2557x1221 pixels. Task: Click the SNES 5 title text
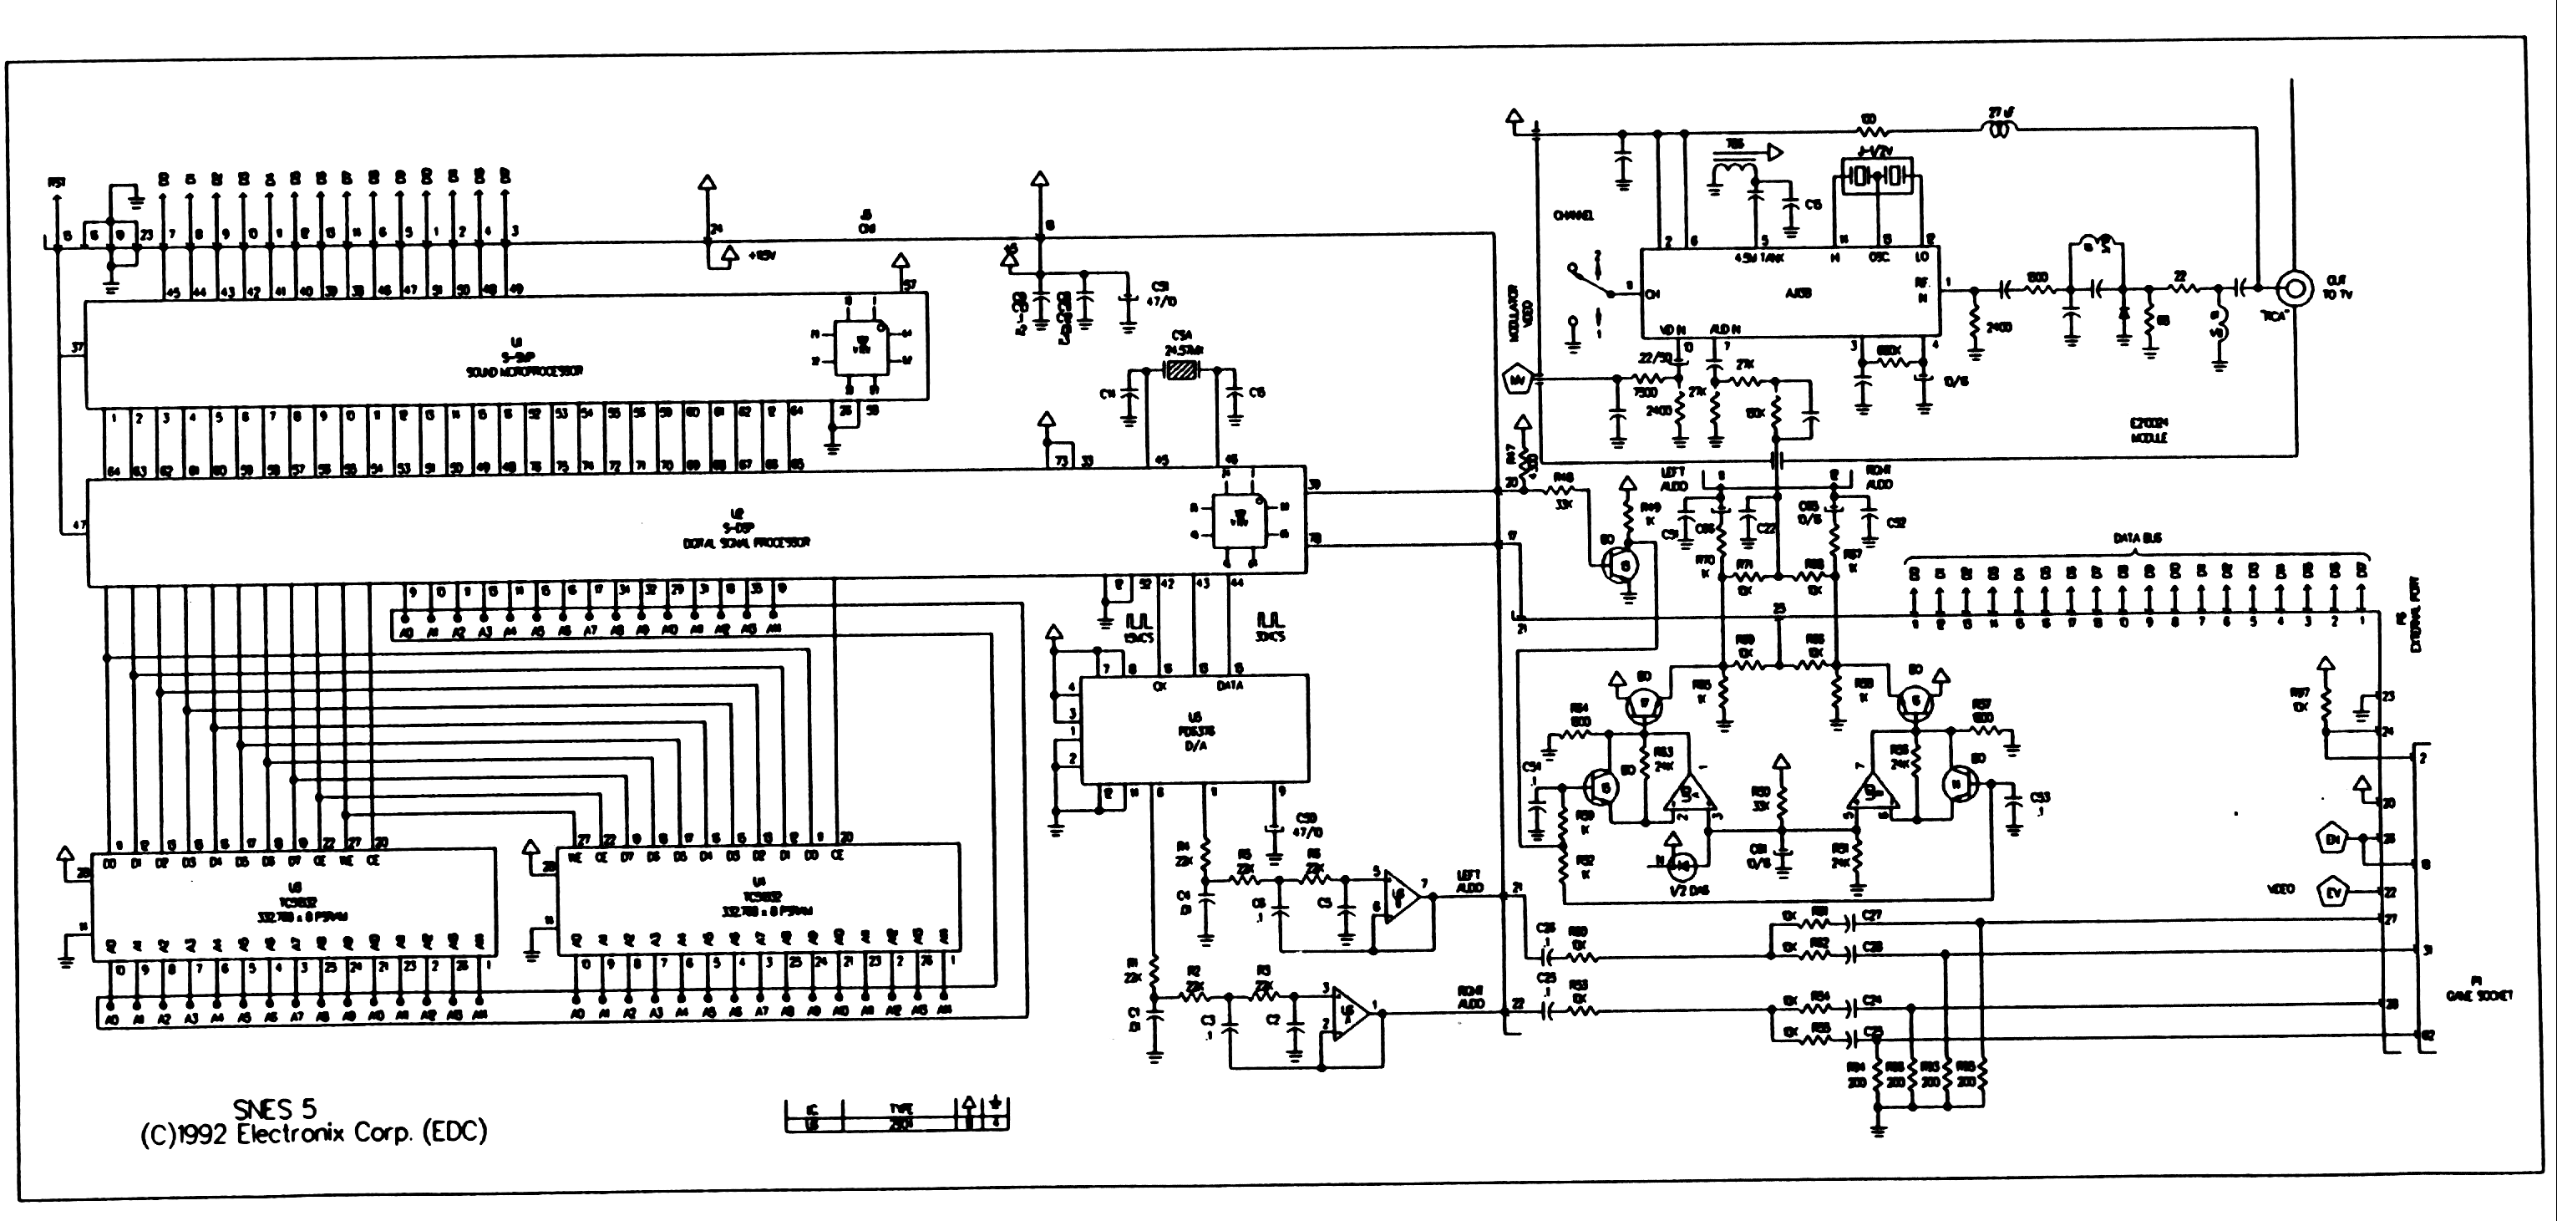pos(275,1108)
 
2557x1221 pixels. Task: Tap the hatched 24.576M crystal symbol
pos(1181,370)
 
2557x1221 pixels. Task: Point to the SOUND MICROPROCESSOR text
pos(524,371)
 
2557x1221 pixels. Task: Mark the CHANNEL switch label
pos(1573,216)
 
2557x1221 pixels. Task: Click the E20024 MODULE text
pos(2148,430)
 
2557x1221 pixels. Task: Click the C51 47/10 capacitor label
pos(1160,294)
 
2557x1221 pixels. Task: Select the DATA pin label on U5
pos(1229,685)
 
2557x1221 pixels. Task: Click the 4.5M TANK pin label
pos(1759,257)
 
